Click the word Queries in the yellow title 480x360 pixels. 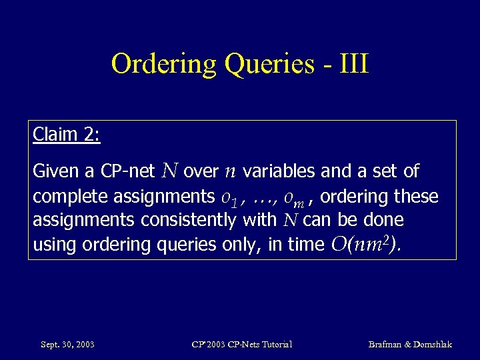click(269, 65)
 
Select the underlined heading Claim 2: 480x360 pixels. click(66, 135)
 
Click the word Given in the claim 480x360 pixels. click(55, 172)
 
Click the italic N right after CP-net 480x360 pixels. click(169, 171)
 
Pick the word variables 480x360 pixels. click(279, 172)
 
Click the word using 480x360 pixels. click(55, 245)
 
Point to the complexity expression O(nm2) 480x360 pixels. click(366, 244)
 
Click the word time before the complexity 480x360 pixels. click(305, 245)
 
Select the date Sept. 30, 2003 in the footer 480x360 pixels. click(67, 345)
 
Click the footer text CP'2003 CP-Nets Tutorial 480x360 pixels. click(241, 345)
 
